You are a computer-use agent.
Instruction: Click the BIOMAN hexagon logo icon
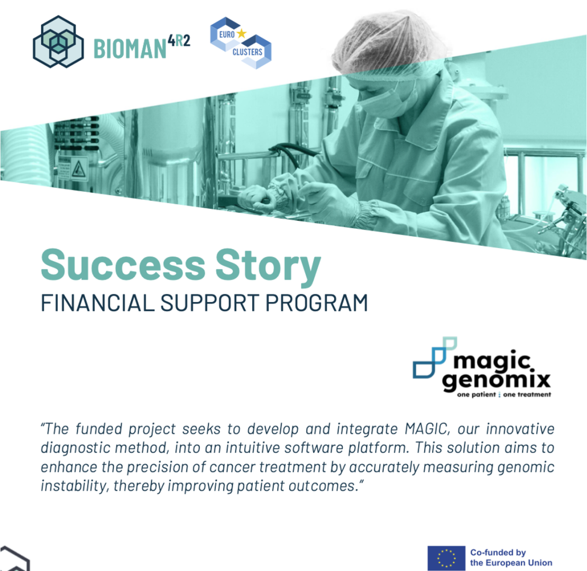click(58, 42)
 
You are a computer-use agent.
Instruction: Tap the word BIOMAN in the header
click(130, 49)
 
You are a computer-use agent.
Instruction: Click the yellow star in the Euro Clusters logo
click(242, 33)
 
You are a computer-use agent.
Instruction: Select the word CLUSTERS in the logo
click(247, 52)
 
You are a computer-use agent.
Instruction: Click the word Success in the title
click(123, 265)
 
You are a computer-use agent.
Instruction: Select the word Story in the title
click(268, 268)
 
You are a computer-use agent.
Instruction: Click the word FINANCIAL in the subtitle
click(97, 303)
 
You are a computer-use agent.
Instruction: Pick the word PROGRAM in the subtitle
click(317, 303)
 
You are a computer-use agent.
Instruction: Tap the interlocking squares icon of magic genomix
click(434, 357)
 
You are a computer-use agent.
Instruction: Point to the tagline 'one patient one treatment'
click(504, 394)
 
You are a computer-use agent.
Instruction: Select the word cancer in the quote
click(232, 467)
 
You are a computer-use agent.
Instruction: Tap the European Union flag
click(446, 558)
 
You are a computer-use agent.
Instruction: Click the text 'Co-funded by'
click(498, 552)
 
